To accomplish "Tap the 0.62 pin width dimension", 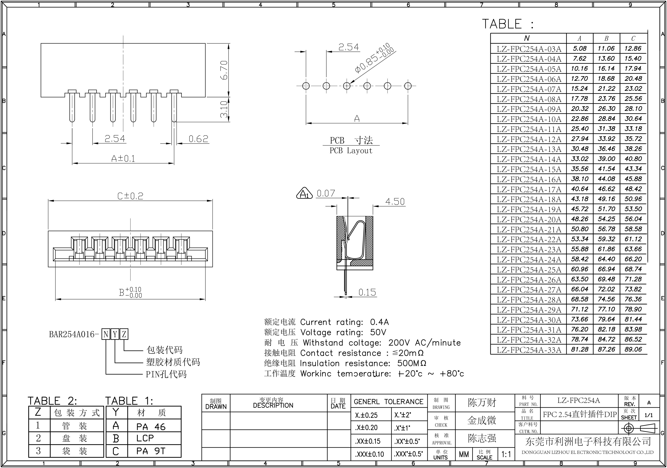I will coord(198,139).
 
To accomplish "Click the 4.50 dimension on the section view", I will coord(395,201).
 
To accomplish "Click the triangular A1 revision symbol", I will coord(304,193).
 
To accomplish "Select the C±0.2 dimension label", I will coord(130,196).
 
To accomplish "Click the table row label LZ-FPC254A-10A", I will coord(529,119).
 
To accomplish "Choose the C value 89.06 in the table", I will coord(633,349).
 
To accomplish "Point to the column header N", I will coord(526,38).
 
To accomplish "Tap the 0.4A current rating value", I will coord(379,322).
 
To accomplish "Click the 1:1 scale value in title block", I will coord(506,454).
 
